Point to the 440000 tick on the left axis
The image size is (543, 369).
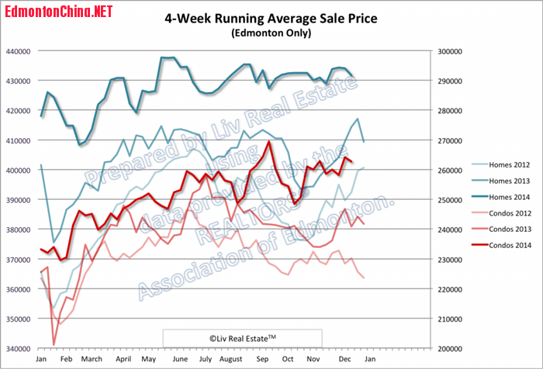pyautogui.click(x=18, y=51)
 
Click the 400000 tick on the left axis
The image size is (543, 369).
pyautogui.click(x=18, y=171)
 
